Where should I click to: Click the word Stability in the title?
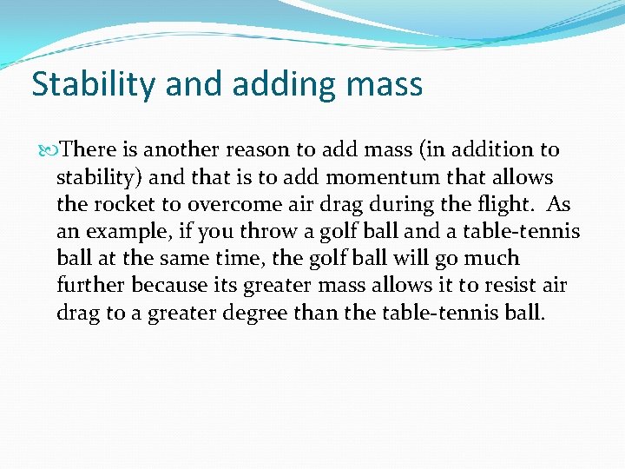[86, 85]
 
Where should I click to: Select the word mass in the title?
[385, 85]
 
